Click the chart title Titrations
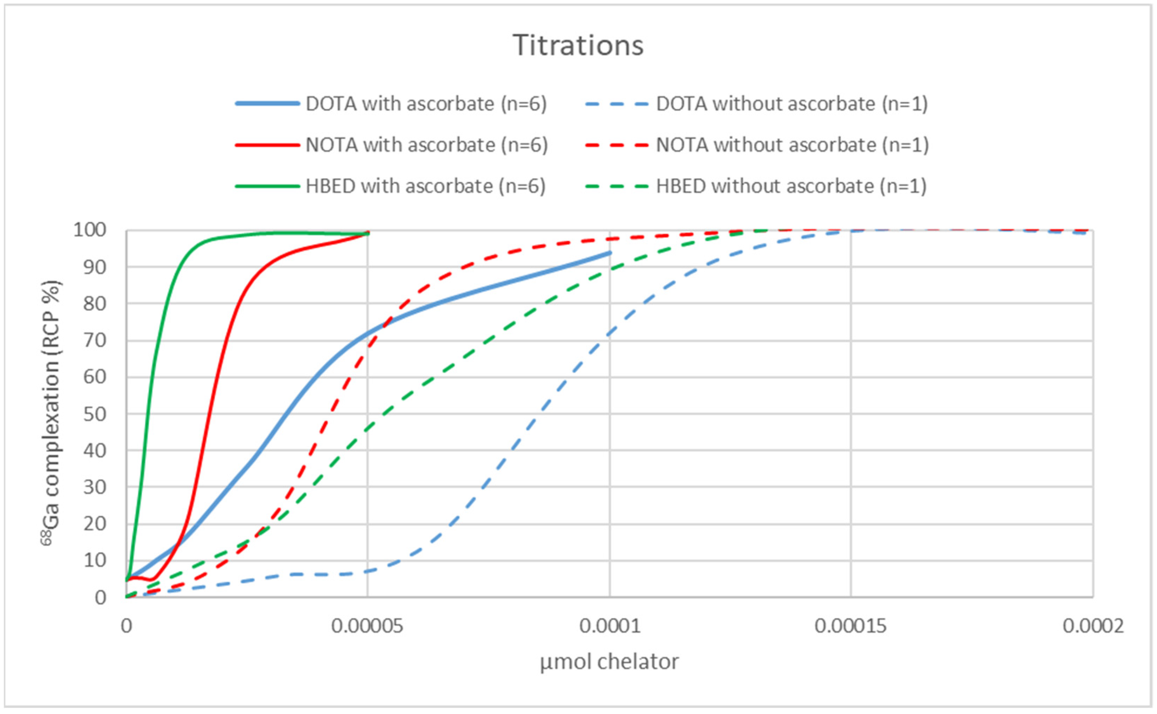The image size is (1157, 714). point(578,45)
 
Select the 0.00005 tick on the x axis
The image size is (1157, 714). point(368,626)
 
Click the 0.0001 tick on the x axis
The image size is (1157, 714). point(610,626)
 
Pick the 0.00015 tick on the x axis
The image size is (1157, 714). point(850,626)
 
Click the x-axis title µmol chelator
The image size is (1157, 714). point(609,662)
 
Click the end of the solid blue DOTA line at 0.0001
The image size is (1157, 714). point(609,253)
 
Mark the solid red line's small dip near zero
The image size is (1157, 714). point(151,579)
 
